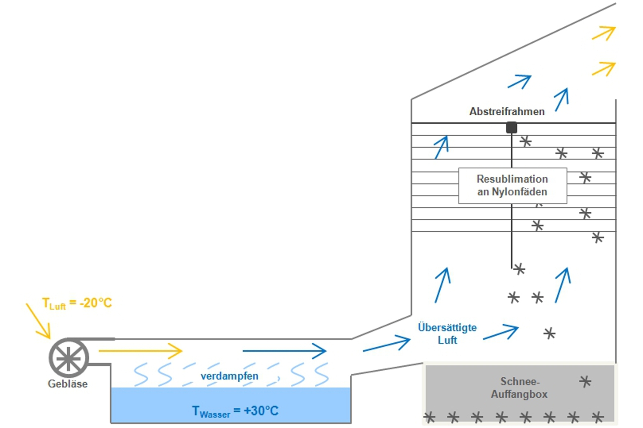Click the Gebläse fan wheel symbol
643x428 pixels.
[69, 358]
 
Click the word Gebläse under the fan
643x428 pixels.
[68, 384]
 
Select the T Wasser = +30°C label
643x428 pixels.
[235, 411]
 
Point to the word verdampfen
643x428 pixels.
[229, 376]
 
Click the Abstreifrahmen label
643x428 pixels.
[507, 111]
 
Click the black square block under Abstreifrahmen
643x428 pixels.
[511, 127]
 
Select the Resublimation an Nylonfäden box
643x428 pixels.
[512, 186]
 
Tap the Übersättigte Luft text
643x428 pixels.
[447, 334]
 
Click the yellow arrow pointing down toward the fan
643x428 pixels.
[38, 321]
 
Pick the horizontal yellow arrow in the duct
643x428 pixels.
[140, 351]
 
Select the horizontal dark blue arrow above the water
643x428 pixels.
[284, 351]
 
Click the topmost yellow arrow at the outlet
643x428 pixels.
[604, 33]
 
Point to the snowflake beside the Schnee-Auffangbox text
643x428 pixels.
[585, 382]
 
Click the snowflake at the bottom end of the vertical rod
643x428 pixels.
[519, 269]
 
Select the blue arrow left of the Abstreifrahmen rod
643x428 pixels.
[441, 147]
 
